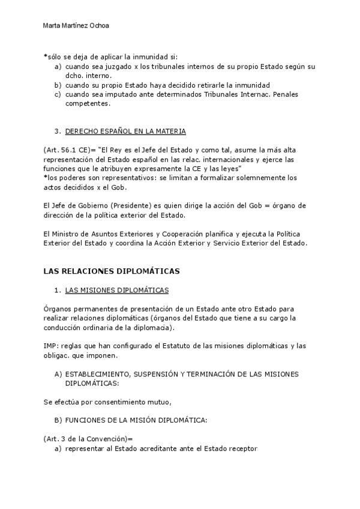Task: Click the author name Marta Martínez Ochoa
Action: (x=76, y=26)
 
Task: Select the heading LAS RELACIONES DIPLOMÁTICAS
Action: (x=112, y=271)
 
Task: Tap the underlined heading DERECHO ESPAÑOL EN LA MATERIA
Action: (x=125, y=130)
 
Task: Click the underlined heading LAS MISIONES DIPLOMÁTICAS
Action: (x=116, y=291)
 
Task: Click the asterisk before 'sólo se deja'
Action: (x=45, y=56)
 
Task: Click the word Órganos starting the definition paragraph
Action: (x=58, y=309)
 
